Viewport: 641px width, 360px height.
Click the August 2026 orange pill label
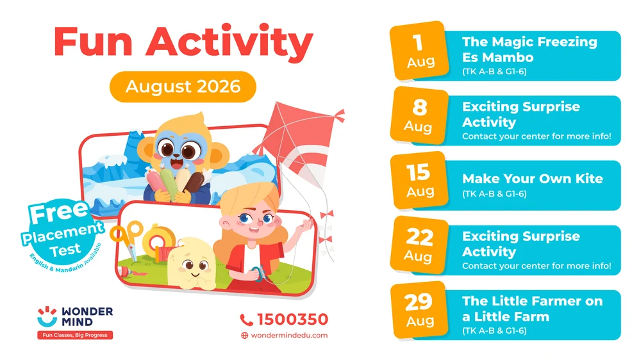183,86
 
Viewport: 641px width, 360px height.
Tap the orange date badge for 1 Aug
419,51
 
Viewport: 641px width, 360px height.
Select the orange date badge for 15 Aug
419,181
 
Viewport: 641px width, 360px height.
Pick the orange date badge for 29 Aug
419,310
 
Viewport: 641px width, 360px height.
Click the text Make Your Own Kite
532,179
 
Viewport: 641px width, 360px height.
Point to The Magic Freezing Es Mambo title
529,49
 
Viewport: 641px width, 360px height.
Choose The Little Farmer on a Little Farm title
532,309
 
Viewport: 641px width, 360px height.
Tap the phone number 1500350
292,319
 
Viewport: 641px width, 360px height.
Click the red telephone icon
246,320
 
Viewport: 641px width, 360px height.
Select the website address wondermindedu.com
289,335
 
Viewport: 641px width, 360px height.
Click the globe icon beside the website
244,336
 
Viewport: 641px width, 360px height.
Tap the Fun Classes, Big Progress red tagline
75,335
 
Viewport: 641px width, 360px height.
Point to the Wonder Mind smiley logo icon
47,316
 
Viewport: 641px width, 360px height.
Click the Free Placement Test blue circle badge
62,234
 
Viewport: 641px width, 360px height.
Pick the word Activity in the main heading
229,42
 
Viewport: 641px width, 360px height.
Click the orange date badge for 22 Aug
419,245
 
